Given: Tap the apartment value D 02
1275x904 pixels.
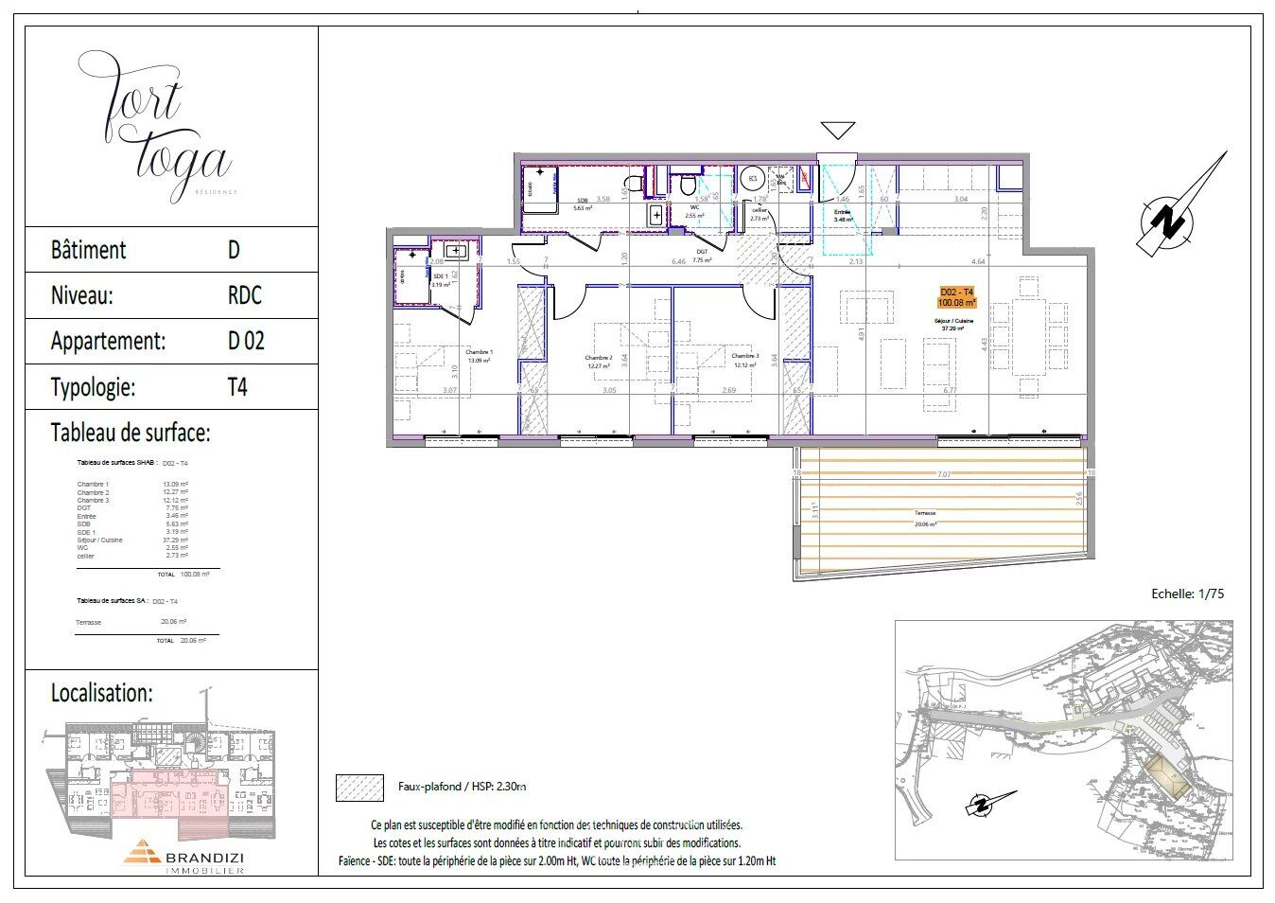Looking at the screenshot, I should click(246, 342).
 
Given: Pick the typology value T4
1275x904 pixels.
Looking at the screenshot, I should click(237, 387).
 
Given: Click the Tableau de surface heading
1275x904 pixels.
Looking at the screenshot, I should click(130, 434).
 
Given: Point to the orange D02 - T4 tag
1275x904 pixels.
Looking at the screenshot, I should click(956, 297).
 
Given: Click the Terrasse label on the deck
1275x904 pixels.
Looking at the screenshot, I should click(924, 513).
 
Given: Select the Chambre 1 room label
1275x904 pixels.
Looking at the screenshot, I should click(479, 352).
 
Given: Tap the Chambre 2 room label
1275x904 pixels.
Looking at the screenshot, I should click(599, 357).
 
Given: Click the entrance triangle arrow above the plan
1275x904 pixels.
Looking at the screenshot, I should click(838, 131).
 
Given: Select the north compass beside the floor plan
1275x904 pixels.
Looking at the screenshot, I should click(1179, 219).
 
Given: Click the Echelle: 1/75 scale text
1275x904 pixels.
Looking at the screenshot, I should click(1187, 594).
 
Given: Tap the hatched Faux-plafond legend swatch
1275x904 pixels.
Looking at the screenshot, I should click(359, 788).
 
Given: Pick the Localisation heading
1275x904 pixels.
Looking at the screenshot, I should click(101, 693).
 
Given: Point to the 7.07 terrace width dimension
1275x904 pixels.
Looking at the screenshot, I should click(943, 473).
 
